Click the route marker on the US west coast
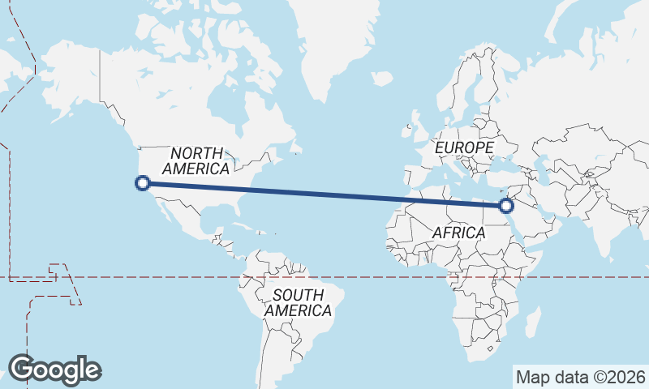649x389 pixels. tap(143, 183)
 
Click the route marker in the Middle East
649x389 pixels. tap(508, 206)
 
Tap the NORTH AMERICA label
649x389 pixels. tap(196, 161)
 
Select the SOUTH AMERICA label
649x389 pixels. tap(298, 302)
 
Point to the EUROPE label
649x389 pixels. tap(464, 148)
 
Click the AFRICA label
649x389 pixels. tap(458, 233)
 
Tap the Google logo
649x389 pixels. tap(54, 370)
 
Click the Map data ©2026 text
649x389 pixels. tap(581, 377)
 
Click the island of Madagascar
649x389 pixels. tap(531, 322)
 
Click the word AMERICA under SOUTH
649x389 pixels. tap(298, 310)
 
